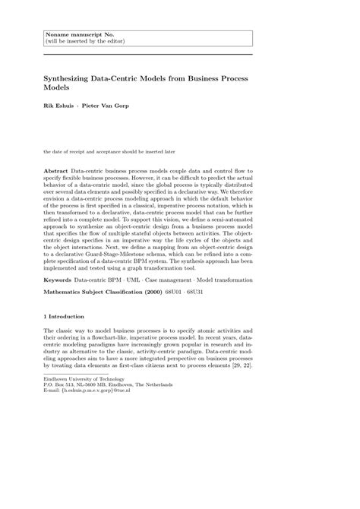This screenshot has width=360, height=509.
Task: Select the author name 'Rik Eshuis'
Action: pyautogui.click(x=60, y=105)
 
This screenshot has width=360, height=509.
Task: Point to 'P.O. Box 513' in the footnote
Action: pyautogui.click(x=62, y=384)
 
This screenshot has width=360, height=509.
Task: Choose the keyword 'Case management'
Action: pyautogui.click(x=175, y=280)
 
